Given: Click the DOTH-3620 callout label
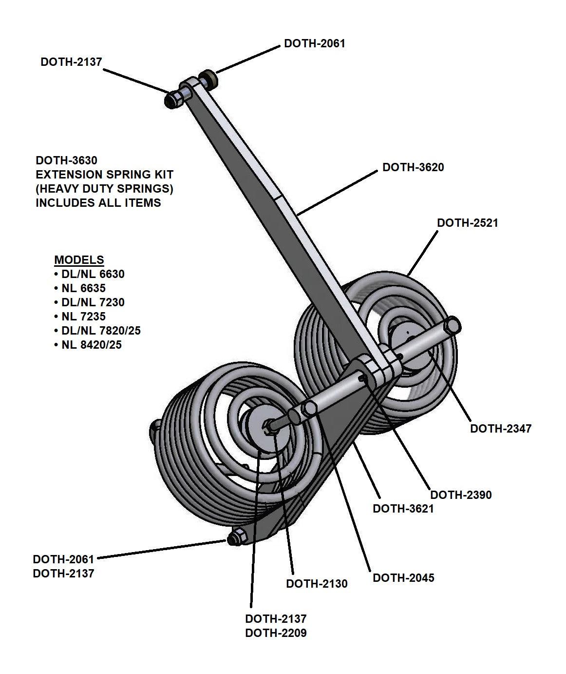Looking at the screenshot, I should tap(413, 167).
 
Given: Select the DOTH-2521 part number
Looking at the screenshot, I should tap(467, 223).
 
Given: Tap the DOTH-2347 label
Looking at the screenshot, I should tap(500, 428).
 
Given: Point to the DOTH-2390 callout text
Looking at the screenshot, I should tap(461, 495).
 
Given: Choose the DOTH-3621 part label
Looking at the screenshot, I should tap(403, 508).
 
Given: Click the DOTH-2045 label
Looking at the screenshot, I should tap(403, 578).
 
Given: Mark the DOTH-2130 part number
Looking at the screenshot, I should tap(317, 583).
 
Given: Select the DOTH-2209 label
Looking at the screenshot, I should tap(276, 633).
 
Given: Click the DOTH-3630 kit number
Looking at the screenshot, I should tap(67, 160).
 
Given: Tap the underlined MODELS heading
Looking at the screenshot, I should tap(79, 260).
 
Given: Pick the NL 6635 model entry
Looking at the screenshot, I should tap(83, 288).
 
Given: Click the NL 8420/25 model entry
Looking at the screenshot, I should tap(92, 345).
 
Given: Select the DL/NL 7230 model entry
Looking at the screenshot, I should tap(93, 302).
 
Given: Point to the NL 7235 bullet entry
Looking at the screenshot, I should tap(83, 317).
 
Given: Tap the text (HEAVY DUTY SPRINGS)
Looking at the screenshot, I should tap(104, 188).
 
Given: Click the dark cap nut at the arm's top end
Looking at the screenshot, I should tap(173, 99).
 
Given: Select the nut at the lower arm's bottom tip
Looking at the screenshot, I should tap(235, 538).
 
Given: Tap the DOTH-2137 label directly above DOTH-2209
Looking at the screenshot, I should tap(276, 618).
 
